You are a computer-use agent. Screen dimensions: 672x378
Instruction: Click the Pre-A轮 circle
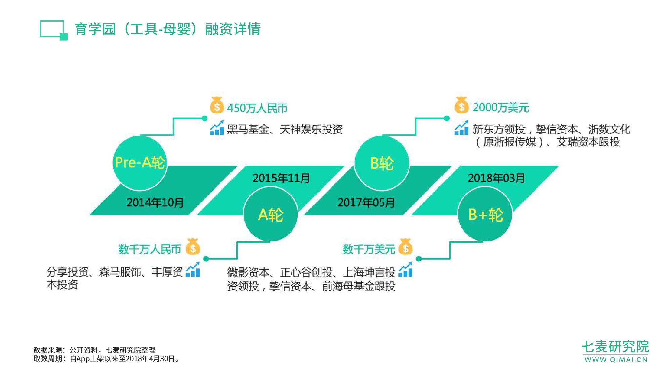[x=140, y=163]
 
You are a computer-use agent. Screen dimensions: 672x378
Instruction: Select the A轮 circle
[x=270, y=214]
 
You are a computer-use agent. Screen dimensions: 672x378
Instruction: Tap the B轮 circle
[x=382, y=163]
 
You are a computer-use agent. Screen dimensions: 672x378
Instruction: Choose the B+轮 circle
[x=485, y=214]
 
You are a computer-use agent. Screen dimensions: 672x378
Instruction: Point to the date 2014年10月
[x=155, y=202]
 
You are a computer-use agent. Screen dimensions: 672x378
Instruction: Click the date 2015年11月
[x=281, y=178]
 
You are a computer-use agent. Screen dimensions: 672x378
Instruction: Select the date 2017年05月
[x=366, y=202]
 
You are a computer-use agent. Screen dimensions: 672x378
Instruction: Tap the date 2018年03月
[x=496, y=178]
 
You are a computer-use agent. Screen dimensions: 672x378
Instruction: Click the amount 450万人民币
[x=257, y=108]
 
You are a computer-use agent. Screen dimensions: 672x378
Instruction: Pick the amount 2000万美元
[x=501, y=108]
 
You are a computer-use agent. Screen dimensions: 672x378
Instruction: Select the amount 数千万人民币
[x=150, y=249]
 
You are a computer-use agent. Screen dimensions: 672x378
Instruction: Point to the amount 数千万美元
[x=369, y=249]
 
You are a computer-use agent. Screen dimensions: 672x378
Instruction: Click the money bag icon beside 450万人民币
[x=217, y=105]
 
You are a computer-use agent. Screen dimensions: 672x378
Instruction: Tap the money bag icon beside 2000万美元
[x=461, y=105]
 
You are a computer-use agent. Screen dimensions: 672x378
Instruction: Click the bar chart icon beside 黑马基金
[x=217, y=128]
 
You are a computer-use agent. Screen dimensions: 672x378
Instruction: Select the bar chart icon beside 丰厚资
[x=193, y=269]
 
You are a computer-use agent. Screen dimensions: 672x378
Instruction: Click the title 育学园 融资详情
[x=167, y=29]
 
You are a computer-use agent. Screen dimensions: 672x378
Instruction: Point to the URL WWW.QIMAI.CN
[x=616, y=360]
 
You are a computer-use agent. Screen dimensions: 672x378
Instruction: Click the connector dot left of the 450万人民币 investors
[x=204, y=118]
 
